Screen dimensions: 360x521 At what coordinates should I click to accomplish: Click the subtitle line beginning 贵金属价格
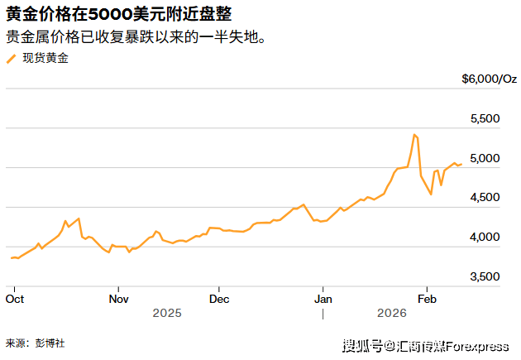click(136, 37)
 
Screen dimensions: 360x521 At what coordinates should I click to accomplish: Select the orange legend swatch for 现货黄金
click(11, 58)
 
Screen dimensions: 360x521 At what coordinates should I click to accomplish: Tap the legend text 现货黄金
click(45, 58)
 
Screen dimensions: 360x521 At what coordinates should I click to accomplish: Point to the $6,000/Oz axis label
click(490, 79)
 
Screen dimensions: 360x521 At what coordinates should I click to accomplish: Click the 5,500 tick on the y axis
click(485, 118)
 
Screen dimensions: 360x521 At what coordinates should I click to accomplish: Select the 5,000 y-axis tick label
click(485, 157)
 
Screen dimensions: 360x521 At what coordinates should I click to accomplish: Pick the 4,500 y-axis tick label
click(485, 197)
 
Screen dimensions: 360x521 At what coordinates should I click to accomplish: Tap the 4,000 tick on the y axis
click(485, 237)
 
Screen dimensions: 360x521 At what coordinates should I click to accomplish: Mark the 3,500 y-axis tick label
click(485, 276)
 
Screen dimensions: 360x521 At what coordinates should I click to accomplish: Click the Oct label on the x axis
click(14, 298)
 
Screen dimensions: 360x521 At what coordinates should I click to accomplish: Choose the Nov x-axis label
click(118, 298)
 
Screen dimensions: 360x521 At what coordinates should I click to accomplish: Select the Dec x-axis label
click(219, 298)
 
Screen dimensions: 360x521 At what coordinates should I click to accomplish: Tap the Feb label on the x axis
click(427, 298)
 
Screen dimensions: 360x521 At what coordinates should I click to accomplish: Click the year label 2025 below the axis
click(166, 314)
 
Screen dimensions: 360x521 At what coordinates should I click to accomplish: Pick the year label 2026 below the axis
click(392, 314)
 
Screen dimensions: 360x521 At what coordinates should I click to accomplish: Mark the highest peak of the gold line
click(413, 134)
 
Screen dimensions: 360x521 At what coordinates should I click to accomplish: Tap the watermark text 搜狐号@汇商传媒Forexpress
click(425, 345)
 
